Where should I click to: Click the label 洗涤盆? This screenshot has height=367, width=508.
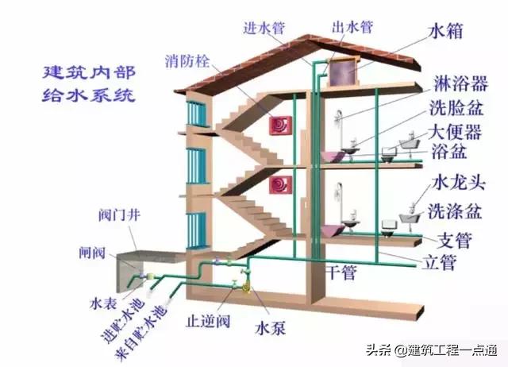click(455, 211)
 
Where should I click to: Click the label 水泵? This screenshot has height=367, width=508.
click(264, 326)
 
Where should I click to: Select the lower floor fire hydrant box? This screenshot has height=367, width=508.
click(280, 185)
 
